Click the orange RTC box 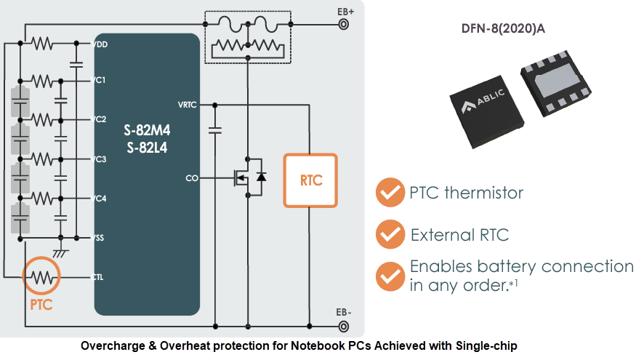310,180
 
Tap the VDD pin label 101,44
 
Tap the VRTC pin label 188,104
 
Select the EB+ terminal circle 344,24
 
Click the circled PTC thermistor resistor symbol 41,277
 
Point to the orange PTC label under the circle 41,305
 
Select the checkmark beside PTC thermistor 390,193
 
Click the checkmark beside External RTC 390,235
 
